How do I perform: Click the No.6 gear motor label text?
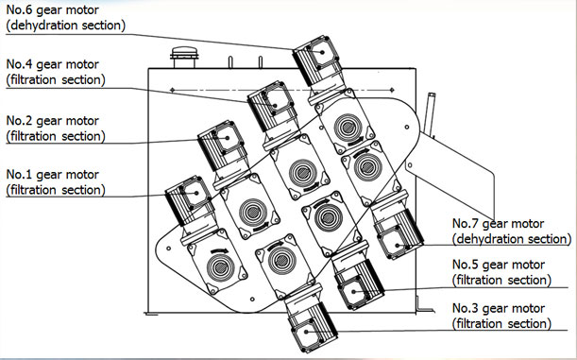(66, 18)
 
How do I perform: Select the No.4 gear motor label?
(56, 72)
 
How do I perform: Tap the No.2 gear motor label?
(56, 129)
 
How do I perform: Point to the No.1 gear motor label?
(56, 182)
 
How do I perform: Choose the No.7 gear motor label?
(512, 231)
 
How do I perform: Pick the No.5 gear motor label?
(502, 272)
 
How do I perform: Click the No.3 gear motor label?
(502, 316)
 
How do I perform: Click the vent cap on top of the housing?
(184, 58)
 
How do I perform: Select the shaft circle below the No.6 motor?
(348, 128)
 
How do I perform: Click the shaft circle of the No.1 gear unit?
(221, 266)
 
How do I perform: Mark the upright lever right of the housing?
(429, 114)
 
